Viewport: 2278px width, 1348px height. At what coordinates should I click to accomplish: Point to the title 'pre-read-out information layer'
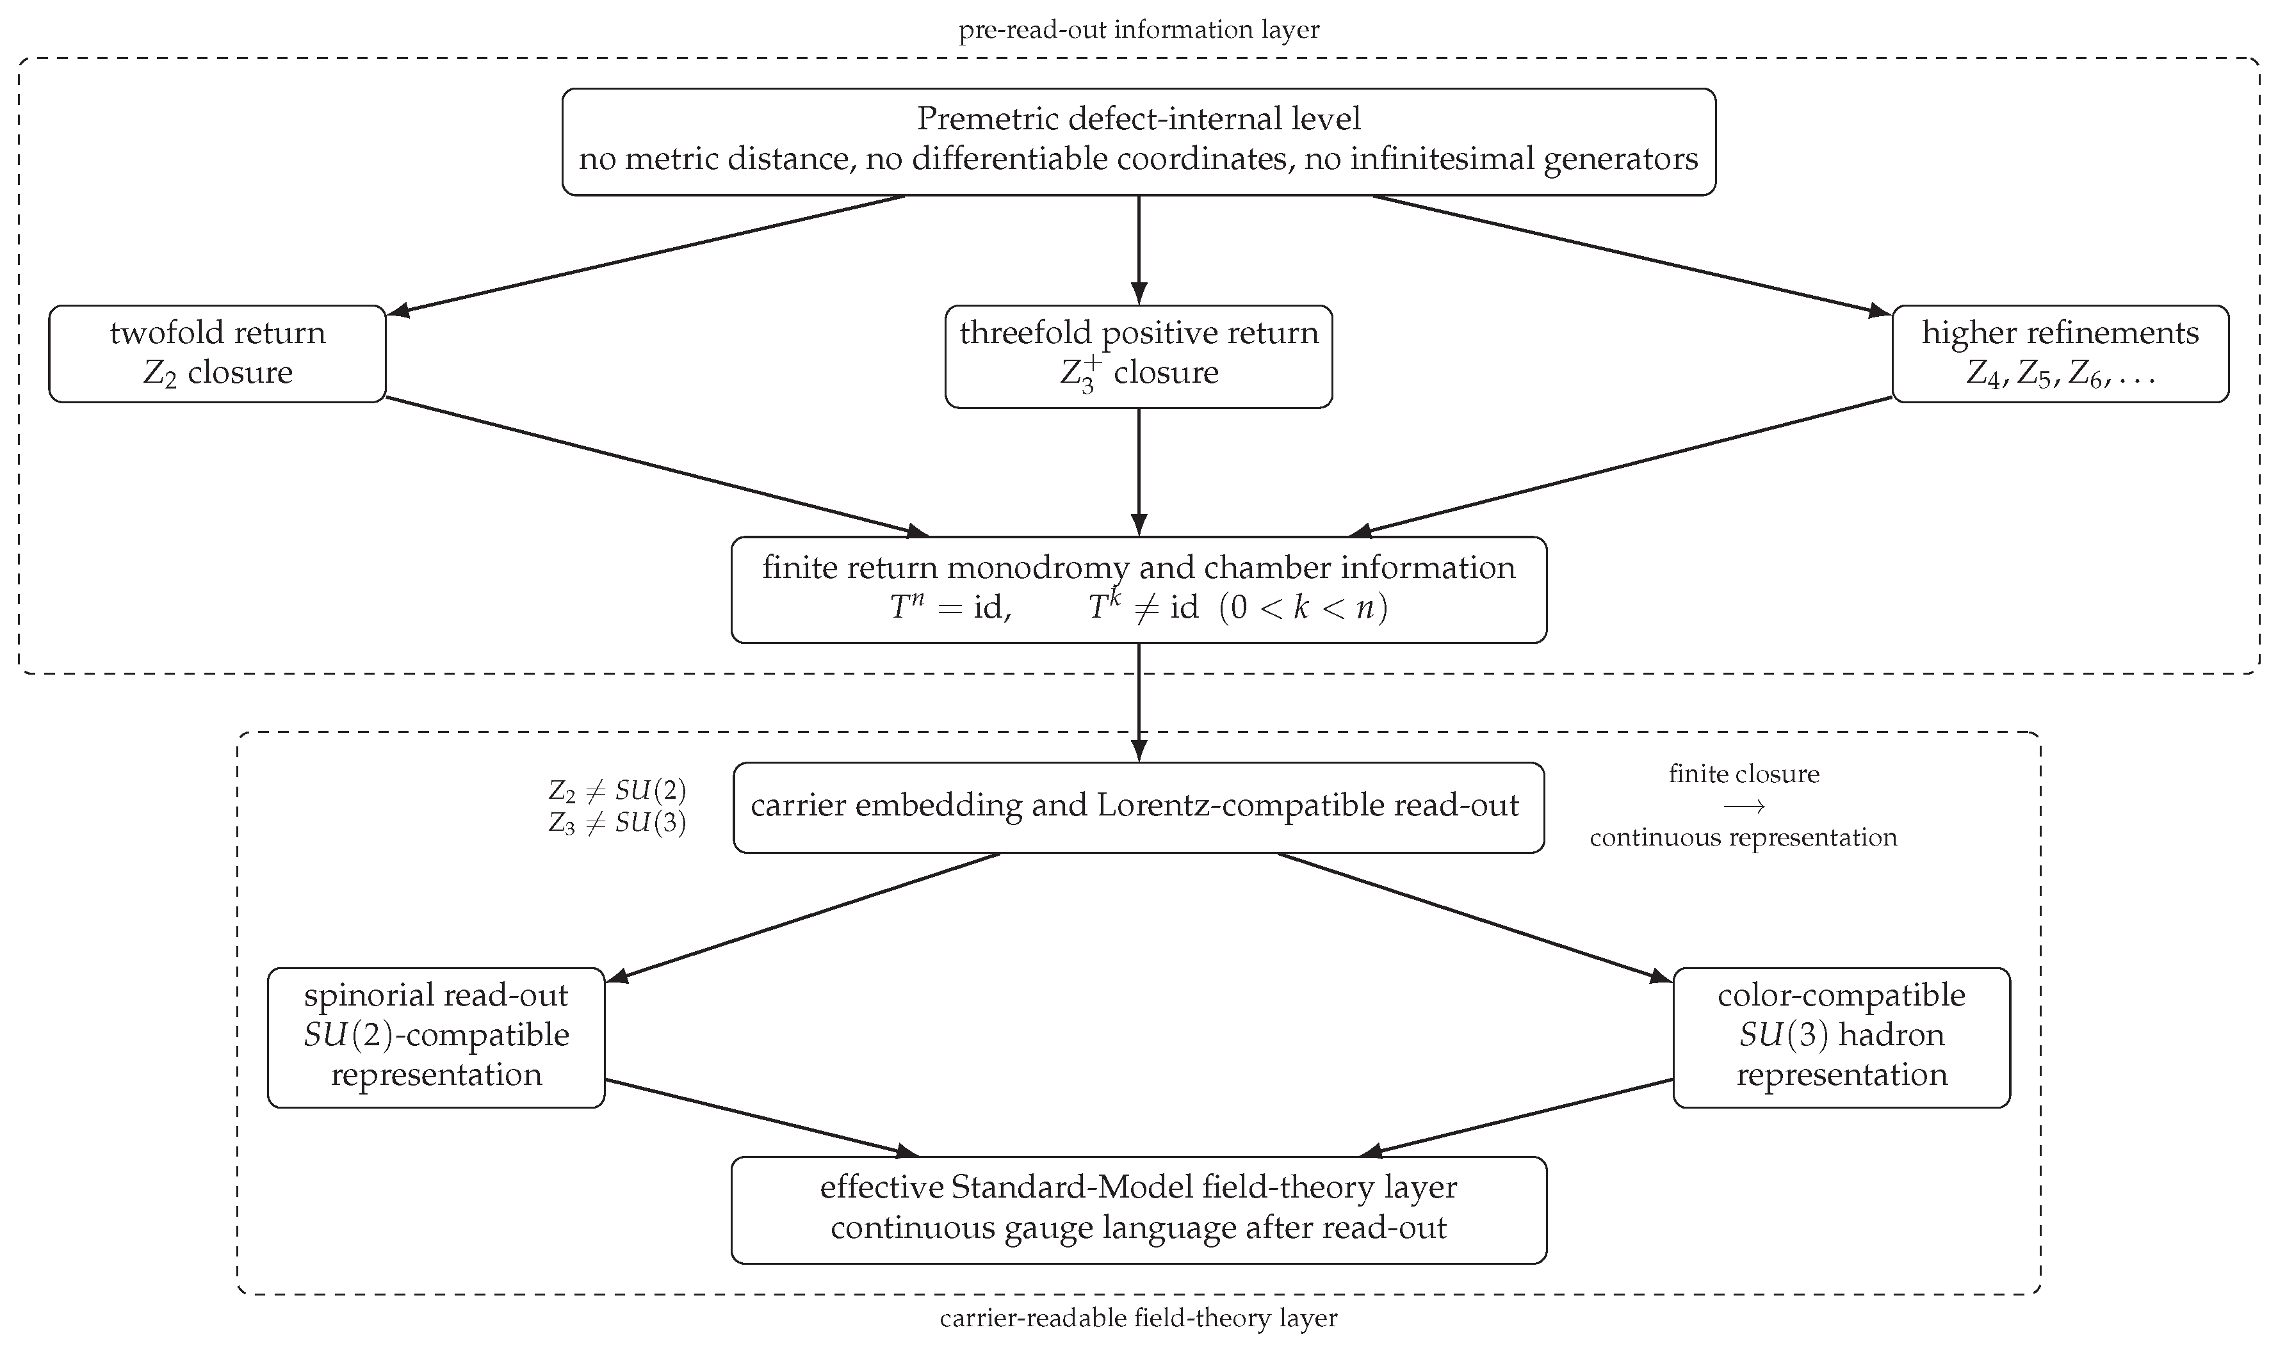[x=1139, y=30]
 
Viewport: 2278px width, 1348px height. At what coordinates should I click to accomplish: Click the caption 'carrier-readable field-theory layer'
[x=1139, y=1318]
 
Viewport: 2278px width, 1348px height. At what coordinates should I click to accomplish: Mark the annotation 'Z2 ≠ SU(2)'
[x=617, y=791]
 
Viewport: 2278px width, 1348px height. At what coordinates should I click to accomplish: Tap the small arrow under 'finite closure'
[x=1744, y=806]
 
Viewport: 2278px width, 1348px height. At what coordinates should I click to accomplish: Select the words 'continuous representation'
[x=1744, y=837]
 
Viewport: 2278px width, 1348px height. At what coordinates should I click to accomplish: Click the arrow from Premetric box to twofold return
[x=646, y=256]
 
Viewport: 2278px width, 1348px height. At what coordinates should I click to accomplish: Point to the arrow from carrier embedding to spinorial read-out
[x=802, y=917]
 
